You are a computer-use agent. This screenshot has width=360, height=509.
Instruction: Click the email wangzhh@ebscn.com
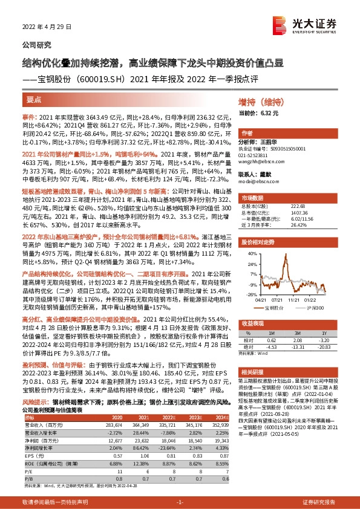[x=260, y=162]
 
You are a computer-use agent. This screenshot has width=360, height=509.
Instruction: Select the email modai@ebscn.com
[x=255, y=181]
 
